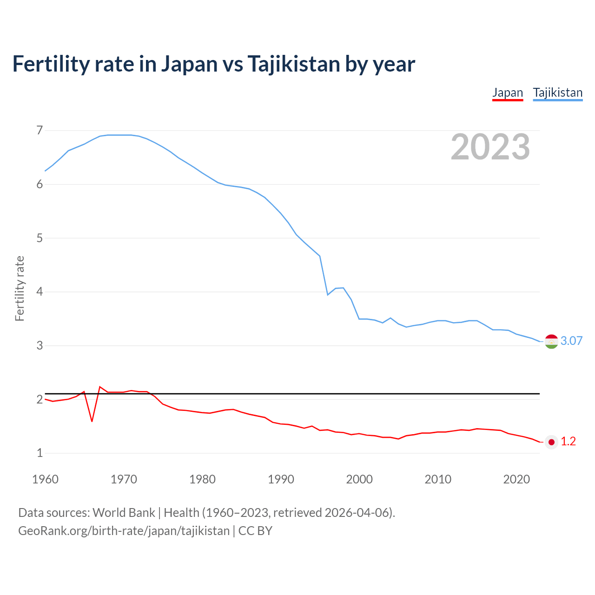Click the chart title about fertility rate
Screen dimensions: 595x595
click(213, 64)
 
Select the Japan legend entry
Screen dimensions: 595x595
click(508, 93)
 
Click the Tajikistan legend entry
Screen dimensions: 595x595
click(557, 93)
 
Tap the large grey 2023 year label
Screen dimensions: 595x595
click(490, 147)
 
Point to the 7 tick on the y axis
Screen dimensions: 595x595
click(40, 130)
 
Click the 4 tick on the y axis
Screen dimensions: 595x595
click(40, 292)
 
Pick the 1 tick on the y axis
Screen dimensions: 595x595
click(40, 453)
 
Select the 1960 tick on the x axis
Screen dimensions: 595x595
click(45, 479)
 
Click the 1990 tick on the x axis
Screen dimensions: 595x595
click(281, 479)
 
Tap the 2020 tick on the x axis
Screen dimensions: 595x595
click(516, 479)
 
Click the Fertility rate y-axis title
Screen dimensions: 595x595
click(20, 288)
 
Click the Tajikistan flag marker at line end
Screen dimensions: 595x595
click(551, 341)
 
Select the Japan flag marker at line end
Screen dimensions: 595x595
click(551, 442)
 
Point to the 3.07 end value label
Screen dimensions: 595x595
click(571, 341)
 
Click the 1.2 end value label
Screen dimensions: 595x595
click(568, 442)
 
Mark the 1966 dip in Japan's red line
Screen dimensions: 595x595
click(92, 421)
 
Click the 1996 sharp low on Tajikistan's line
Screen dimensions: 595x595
click(328, 295)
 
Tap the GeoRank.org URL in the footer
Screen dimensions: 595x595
click(124, 531)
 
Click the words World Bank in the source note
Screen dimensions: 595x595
click(124, 513)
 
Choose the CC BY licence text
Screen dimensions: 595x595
click(255, 531)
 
